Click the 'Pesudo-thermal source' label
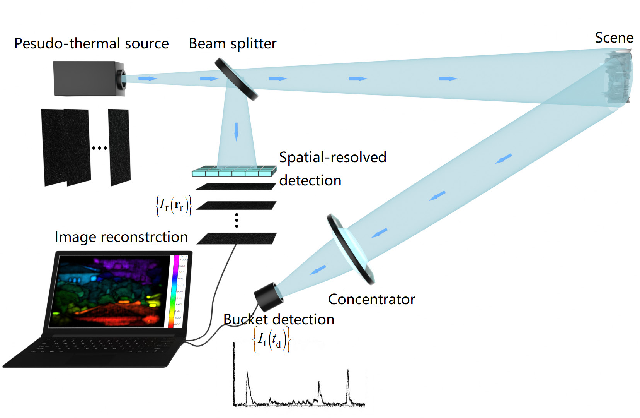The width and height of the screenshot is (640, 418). click(91, 43)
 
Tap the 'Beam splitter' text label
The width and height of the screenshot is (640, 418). click(232, 43)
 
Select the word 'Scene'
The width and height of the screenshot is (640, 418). click(614, 38)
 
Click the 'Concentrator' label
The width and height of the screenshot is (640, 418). click(371, 299)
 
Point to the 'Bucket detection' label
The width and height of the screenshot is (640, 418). click(279, 319)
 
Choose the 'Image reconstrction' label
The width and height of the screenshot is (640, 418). click(121, 237)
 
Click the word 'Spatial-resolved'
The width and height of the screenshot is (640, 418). click(332, 157)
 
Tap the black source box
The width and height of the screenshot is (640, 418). click(87, 79)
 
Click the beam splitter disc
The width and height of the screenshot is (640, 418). click(236, 79)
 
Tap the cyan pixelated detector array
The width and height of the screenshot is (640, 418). click(235, 171)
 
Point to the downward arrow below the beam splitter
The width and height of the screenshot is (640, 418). click(236, 131)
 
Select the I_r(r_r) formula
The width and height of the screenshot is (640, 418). click(174, 205)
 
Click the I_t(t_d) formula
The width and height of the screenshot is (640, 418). click(271, 340)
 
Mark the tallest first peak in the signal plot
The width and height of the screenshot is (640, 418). click(247, 373)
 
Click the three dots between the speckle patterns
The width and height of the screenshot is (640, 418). click(99, 148)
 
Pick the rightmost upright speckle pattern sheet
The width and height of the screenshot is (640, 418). click(119, 147)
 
